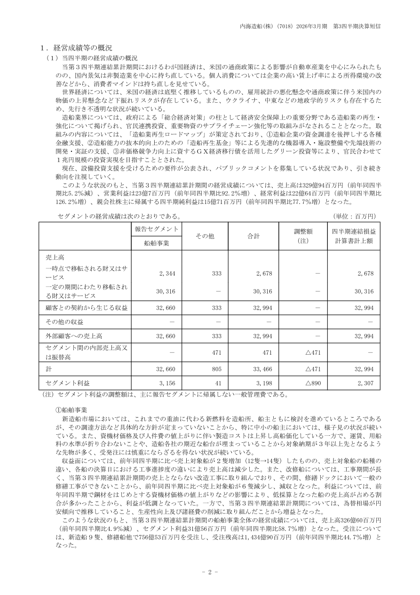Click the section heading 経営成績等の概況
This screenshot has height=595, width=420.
(82, 48)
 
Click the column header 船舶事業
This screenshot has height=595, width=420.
(157, 243)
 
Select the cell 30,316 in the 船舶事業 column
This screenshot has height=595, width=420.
(166, 292)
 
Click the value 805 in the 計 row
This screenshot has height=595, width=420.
(216, 368)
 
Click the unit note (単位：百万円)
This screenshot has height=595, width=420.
(354, 216)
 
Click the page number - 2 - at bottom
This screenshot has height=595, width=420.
(210, 572)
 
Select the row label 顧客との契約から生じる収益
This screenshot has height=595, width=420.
(81, 308)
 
